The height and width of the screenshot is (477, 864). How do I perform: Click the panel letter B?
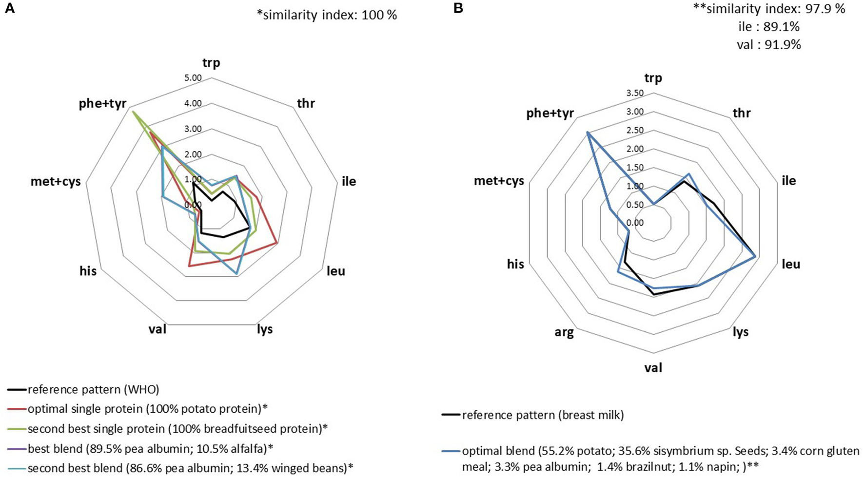(x=458, y=9)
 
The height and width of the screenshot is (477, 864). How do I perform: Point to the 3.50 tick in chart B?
(x=634, y=93)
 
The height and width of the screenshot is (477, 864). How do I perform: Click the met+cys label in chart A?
(x=55, y=182)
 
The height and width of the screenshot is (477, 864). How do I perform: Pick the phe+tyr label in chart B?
(x=550, y=114)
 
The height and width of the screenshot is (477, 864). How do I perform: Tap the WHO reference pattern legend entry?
(x=93, y=389)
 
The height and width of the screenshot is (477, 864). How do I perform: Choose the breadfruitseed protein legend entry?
(x=177, y=429)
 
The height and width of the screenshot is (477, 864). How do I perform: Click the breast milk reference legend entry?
(x=542, y=415)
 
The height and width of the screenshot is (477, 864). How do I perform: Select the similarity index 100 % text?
(x=327, y=15)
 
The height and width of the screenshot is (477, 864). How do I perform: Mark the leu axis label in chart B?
(x=791, y=265)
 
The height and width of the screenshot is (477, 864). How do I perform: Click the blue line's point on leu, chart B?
(x=755, y=256)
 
